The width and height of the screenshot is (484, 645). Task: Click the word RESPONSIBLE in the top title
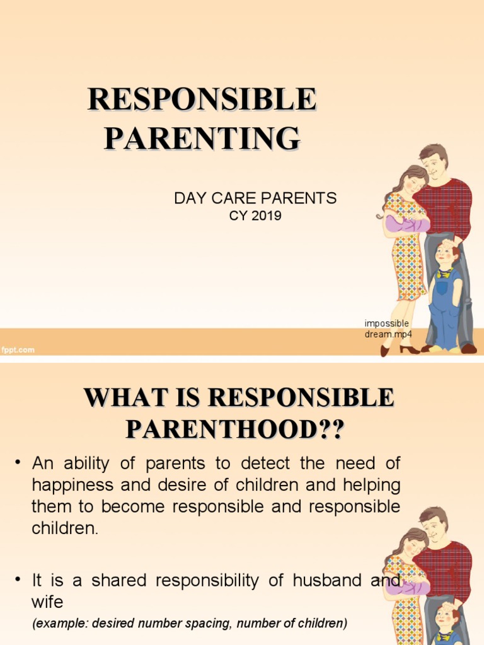click(x=202, y=101)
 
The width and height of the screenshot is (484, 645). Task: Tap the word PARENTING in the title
click(x=202, y=137)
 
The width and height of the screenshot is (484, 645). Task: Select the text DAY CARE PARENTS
click(x=255, y=198)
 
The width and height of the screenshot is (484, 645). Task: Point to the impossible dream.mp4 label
click(x=387, y=328)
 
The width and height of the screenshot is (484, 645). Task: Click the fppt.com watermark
click(x=18, y=350)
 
